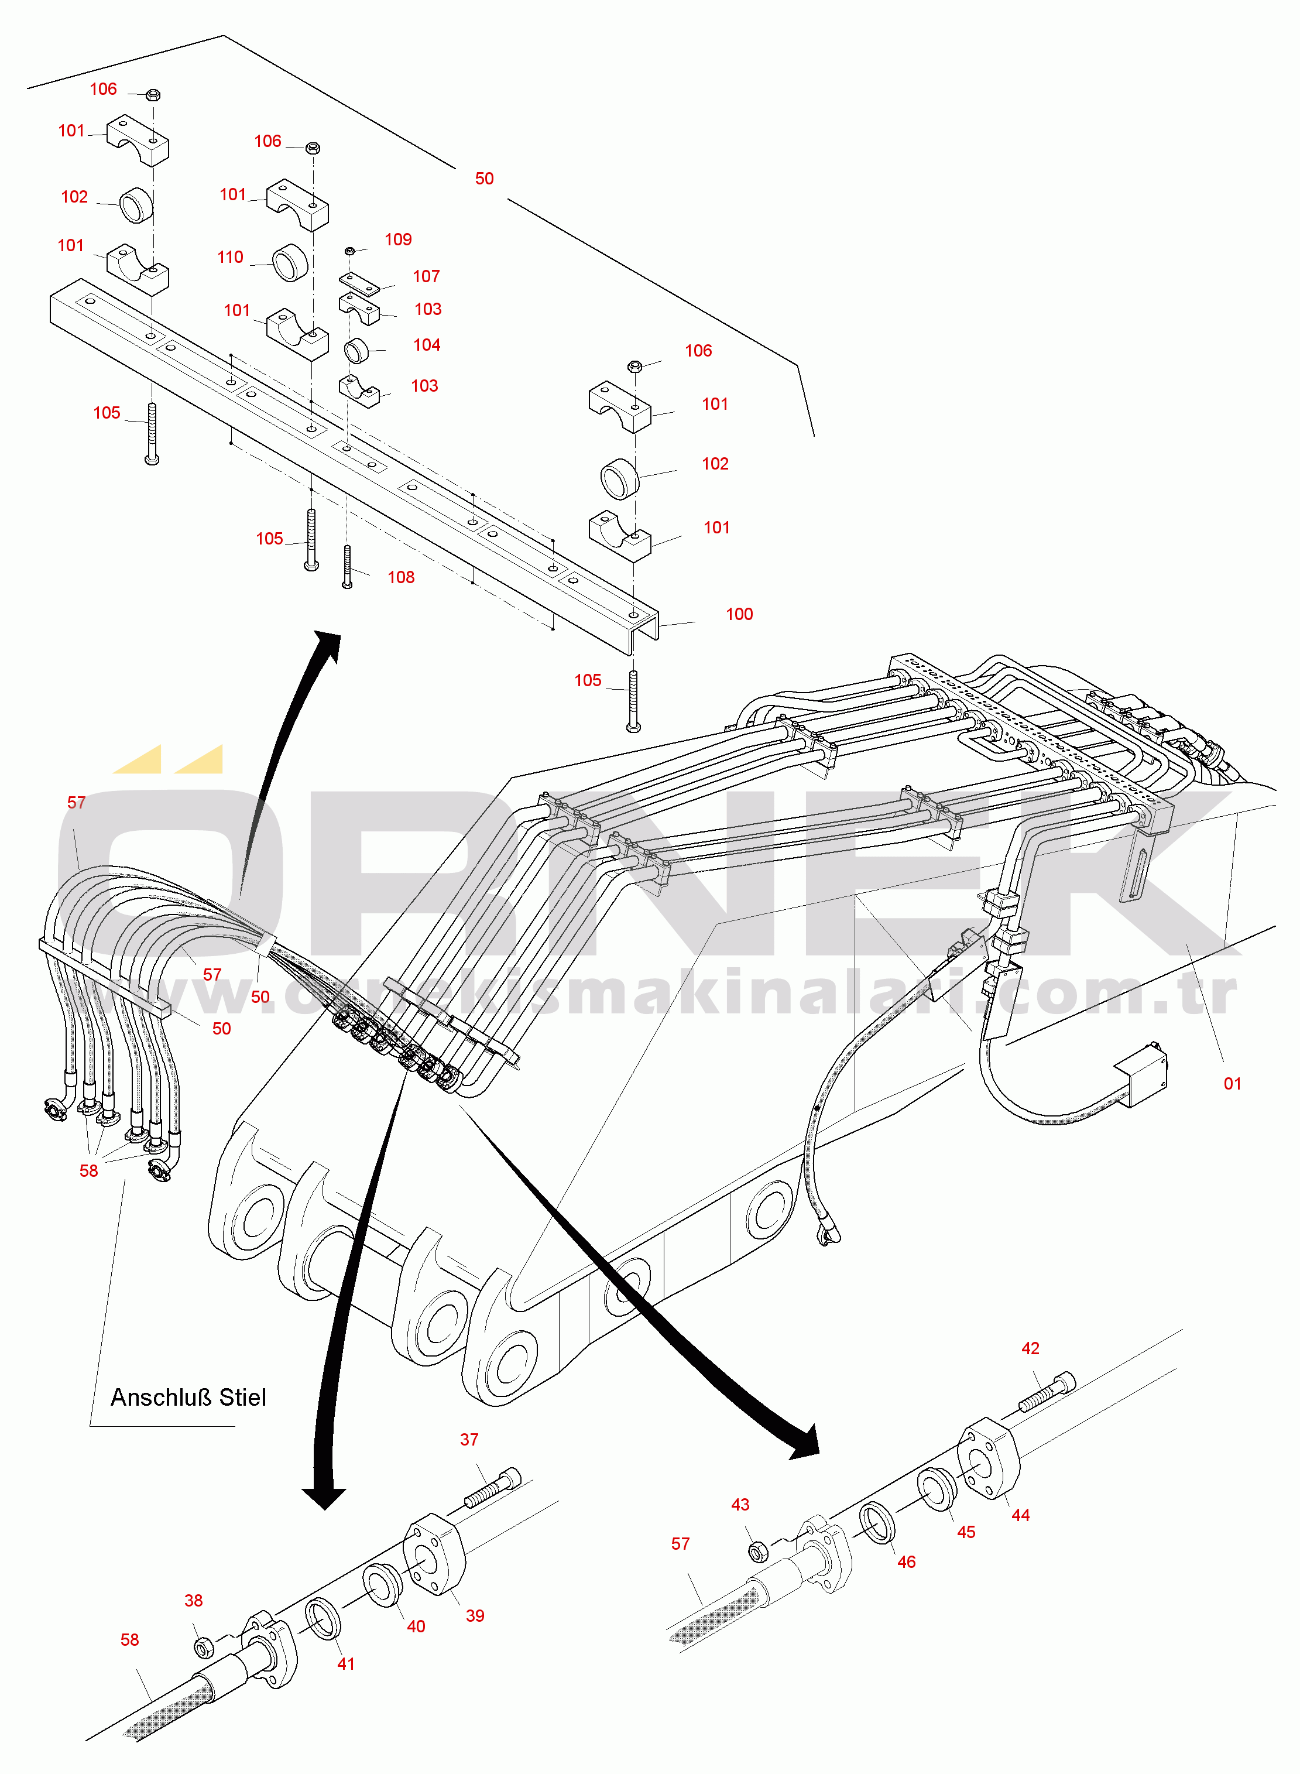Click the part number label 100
(x=739, y=614)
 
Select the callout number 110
(x=230, y=258)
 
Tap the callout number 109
(x=398, y=239)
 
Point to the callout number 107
(x=426, y=276)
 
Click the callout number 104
(x=427, y=345)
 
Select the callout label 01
(x=1232, y=1084)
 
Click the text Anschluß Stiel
(x=188, y=1397)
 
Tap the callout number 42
(x=1030, y=1348)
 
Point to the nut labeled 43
(x=758, y=1550)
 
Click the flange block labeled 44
(x=989, y=1461)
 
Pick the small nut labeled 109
(x=350, y=251)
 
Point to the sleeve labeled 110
(x=290, y=262)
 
